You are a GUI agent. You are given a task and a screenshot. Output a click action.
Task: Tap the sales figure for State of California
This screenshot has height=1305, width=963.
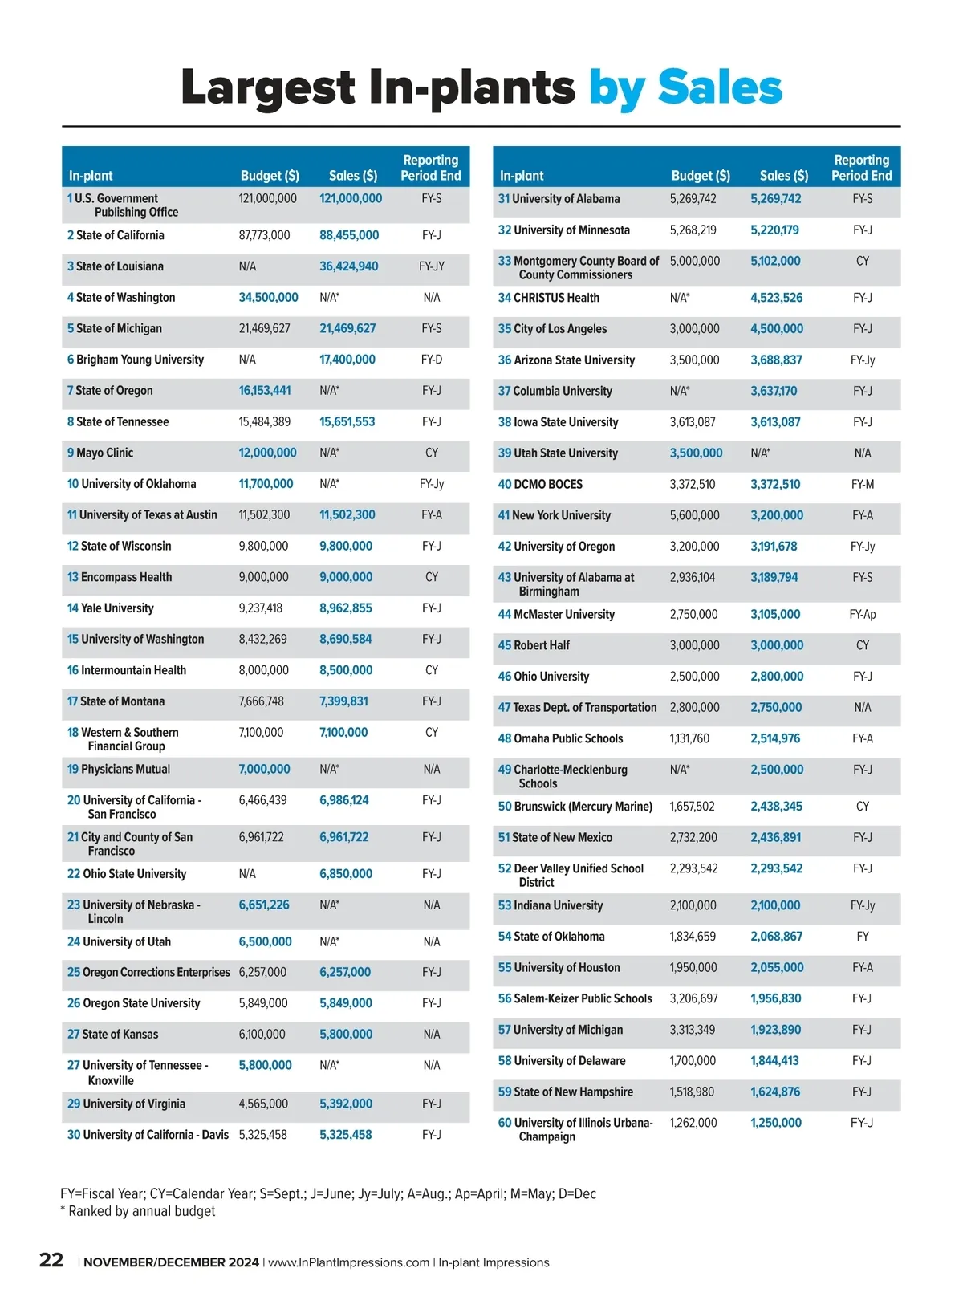coord(349,235)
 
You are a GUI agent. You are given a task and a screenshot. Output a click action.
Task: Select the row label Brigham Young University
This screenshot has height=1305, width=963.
coord(140,360)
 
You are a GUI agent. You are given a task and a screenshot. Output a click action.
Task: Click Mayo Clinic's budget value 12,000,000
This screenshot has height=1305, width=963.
coord(267,453)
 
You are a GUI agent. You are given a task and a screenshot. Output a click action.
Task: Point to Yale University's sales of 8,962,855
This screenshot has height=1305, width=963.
coord(346,608)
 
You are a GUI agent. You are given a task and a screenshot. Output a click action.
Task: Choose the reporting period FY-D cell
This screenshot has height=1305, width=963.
coord(432,360)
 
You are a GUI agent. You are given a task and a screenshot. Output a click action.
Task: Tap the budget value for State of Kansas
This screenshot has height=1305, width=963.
coord(262,1035)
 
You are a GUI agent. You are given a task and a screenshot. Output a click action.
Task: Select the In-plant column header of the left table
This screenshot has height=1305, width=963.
coord(91,176)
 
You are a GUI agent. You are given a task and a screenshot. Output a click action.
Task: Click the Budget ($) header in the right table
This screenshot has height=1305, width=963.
coord(701,176)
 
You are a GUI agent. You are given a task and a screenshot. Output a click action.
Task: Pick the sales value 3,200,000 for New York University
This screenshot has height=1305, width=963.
coord(777,515)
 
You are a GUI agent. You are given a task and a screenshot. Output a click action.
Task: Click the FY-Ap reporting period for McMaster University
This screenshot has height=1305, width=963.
coord(863,615)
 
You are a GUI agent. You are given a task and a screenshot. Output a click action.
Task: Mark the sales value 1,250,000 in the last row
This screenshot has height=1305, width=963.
coord(776,1123)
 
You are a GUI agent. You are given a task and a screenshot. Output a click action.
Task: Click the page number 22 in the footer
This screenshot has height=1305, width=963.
coord(51,1260)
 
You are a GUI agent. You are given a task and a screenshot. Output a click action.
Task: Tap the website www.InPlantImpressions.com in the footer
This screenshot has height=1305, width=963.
coord(348,1262)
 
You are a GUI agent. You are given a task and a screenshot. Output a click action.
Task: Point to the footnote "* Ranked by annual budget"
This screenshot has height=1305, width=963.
coord(138,1211)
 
